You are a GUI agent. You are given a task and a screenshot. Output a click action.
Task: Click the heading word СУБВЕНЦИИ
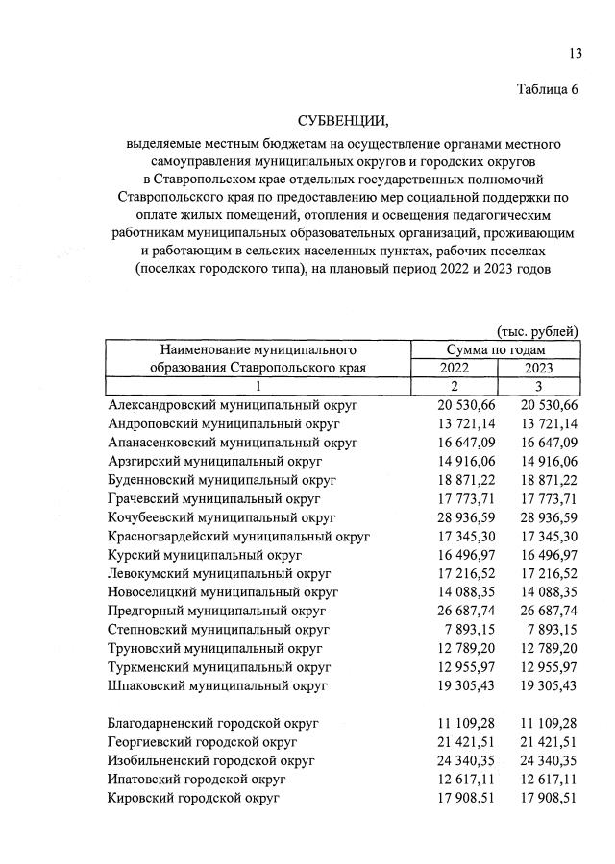(343, 122)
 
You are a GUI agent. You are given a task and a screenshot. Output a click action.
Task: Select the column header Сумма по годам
(496, 349)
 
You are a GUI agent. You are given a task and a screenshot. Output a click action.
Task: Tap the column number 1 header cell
(258, 386)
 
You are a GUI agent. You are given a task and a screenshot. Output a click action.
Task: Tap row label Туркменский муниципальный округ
(222, 666)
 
